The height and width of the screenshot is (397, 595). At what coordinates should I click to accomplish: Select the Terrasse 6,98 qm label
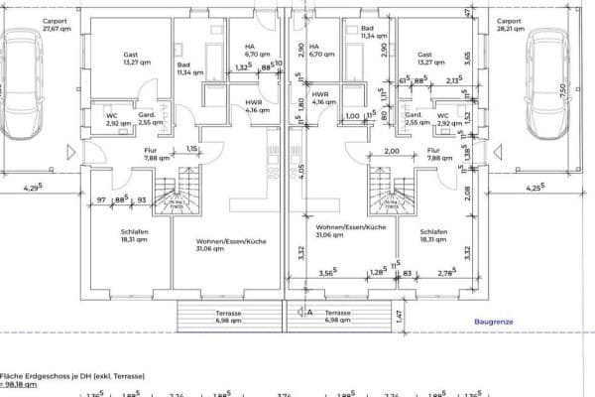coord(338,317)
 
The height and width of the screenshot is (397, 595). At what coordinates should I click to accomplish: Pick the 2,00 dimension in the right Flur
coord(391,152)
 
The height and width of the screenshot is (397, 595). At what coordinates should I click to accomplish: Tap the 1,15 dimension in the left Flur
coord(192,149)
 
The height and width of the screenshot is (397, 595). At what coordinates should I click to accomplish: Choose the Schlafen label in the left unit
coord(120,234)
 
